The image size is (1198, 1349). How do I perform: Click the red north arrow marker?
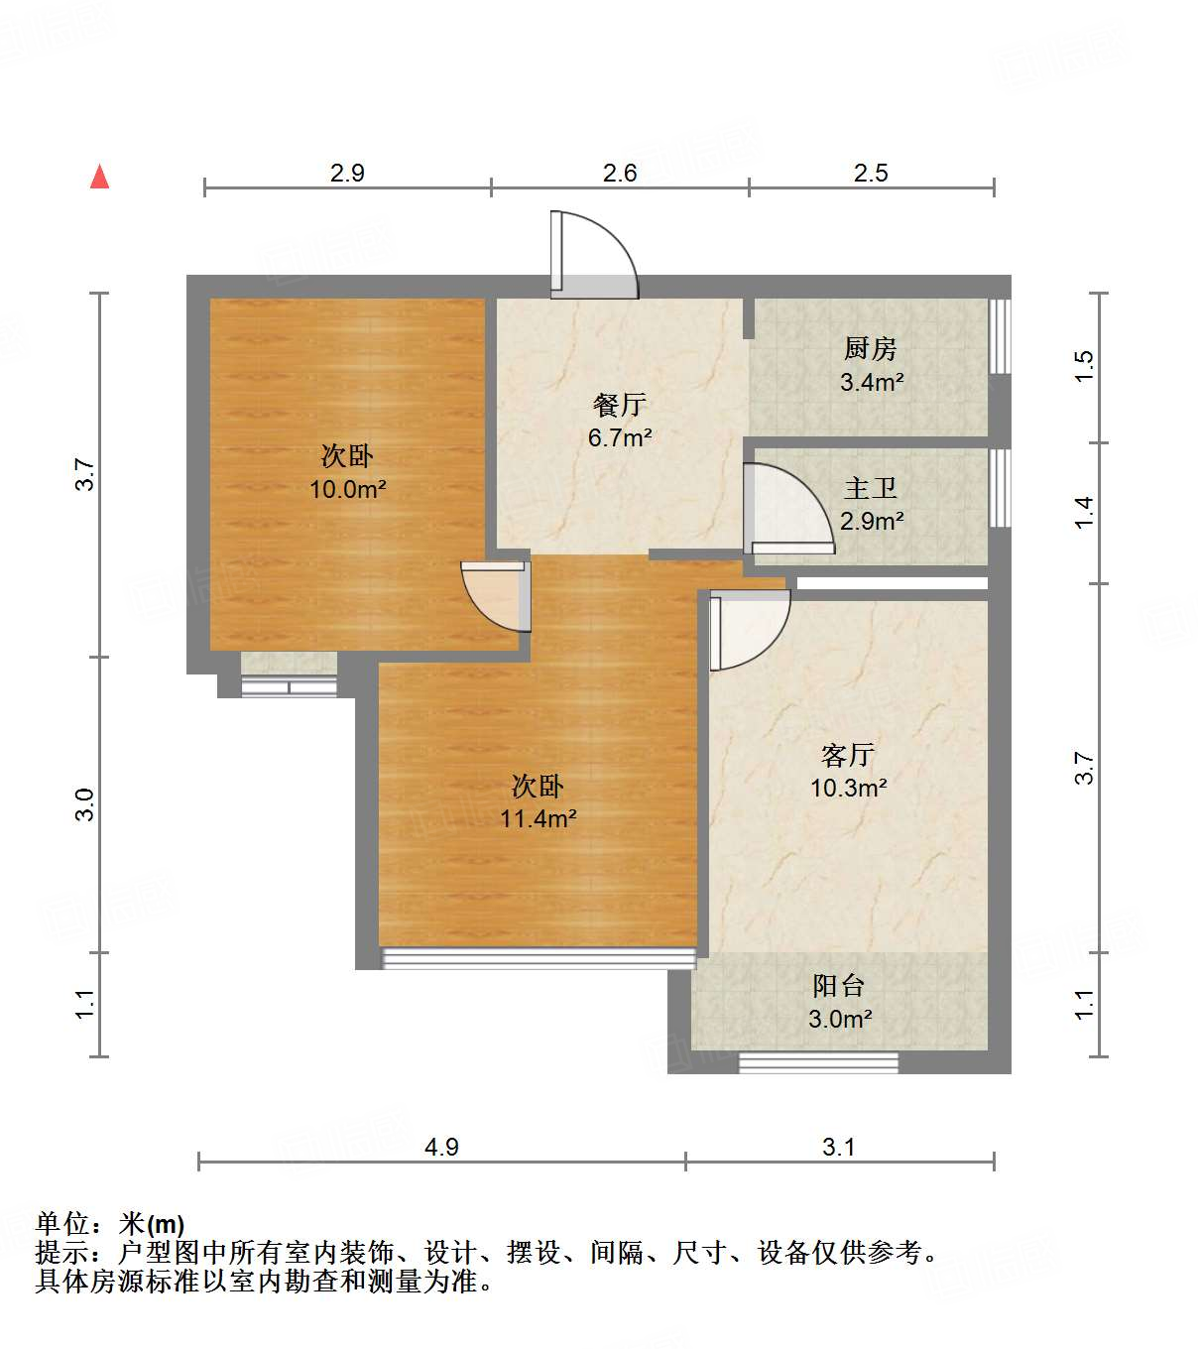pyautogui.click(x=99, y=177)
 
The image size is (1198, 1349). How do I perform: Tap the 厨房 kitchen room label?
pyautogui.click(x=870, y=349)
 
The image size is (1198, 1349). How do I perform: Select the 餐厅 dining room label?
pyautogui.click(x=620, y=405)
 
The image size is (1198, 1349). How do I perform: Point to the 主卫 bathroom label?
pyautogui.click(x=871, y=488)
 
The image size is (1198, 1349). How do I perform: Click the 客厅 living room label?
pyautogui.click(x=848, y=756)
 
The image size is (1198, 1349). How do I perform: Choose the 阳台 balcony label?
pyautogui.click(x=839, y=986)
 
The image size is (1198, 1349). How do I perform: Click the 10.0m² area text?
pyautogui.click(x=347, y=489)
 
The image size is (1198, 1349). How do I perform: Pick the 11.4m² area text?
pyautogui.click(x=538, y=819)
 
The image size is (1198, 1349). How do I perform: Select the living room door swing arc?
pyautogui.click(x=749, y=629)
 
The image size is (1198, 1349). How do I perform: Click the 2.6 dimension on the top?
pyautogui.click(x=620, y=174)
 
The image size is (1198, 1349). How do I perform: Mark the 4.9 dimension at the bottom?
pyautogui.click(x=441, y=1148)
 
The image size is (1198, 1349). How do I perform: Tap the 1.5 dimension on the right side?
pyautogui.click(x=1084, y=367)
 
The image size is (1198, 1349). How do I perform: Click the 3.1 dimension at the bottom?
pyautogui.click(x=839, y=1148)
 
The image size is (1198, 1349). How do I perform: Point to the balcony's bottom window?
pyautogui.click(x=818, y=1062)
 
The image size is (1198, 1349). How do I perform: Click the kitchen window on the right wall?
pyautogui.click(x=1000, y=336)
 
